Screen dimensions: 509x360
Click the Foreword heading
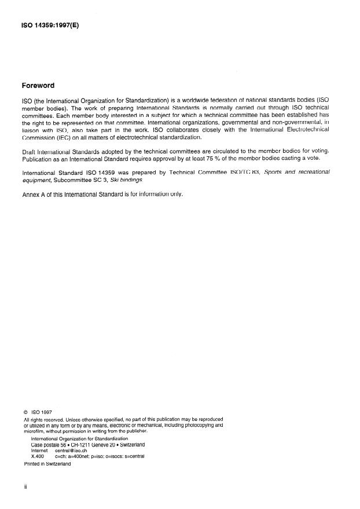click(38, 86)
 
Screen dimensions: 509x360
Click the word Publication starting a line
click(38, 158)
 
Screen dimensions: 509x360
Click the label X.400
click(38, 456)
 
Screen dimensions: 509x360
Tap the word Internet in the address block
click(41, 450)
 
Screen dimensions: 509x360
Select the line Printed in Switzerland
click(47, 464)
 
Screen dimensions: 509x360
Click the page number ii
click(25, 487)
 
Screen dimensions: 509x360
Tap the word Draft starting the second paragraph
click(29, 151)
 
